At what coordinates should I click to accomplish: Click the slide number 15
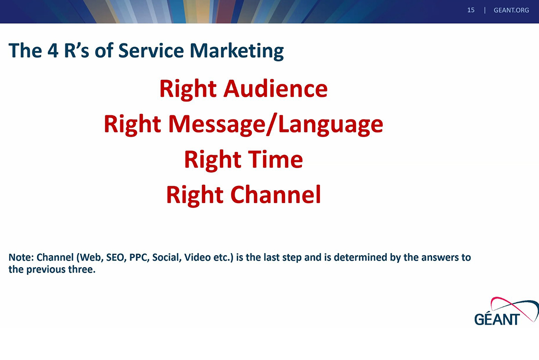471,10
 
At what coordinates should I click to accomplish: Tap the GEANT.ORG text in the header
511,10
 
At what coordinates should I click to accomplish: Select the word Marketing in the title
237,51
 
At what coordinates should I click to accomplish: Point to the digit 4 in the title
52,50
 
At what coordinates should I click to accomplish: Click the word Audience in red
275,89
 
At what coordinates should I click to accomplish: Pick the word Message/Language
275,124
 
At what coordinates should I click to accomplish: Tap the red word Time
275,160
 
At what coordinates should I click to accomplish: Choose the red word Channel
275,195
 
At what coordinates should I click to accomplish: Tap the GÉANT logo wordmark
497,320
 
